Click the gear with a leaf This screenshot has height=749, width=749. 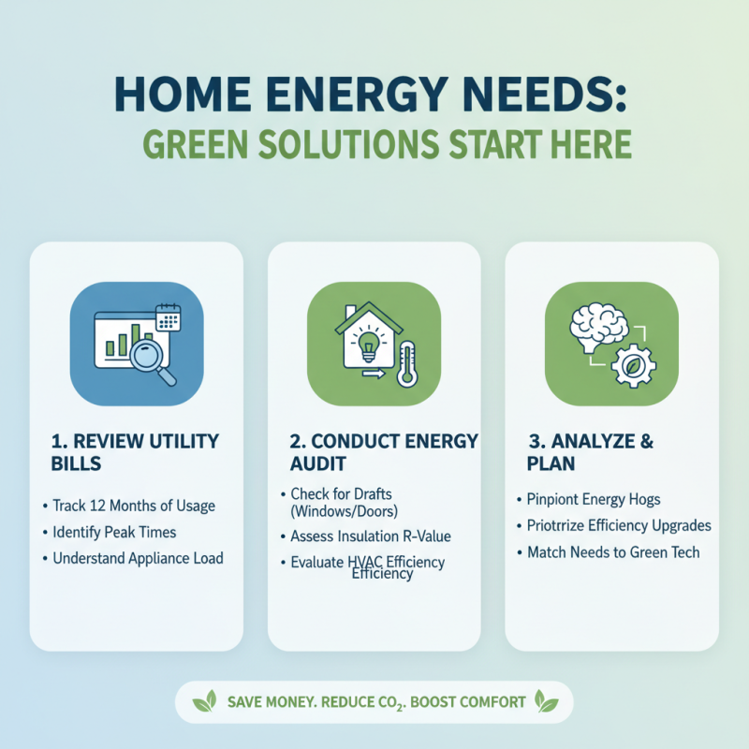pyautogui.click(x=632, y=364)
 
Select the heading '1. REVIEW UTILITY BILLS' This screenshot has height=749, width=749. pyautogui.click(x=135, y=452)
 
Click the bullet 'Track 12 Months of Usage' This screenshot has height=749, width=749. pyautogui.click(x=133, y=506)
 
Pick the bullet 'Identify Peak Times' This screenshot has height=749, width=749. pyautogui.click(x=114, y=532)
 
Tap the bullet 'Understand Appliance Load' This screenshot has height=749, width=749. pyautogui.click(x=138, y=559)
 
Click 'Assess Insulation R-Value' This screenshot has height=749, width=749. pyautogui.click(x=370, y=536)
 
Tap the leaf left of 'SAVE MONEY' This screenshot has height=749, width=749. pyautogui.click(x=205, y=701)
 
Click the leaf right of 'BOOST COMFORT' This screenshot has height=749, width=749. pyautogui.click(x=546, y=701)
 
